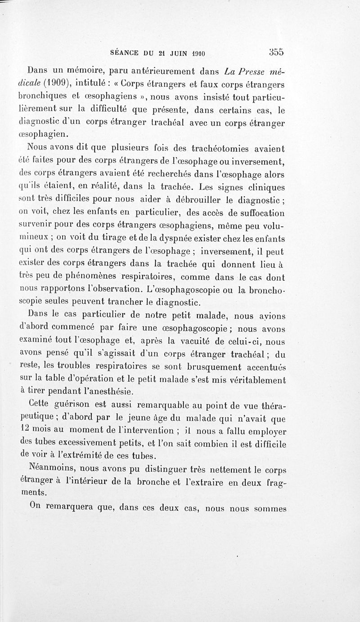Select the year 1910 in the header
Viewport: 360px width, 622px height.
point(197,54)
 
